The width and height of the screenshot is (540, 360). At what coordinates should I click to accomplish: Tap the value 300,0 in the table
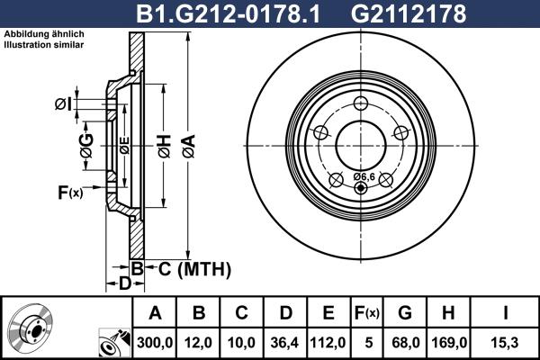pos(154,341)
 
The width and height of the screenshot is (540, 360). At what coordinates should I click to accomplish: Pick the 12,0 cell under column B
pos(200,341)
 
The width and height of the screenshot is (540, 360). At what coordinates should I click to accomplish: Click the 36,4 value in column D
pos(286,341)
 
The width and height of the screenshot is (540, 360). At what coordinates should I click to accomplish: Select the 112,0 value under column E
pos(328,341)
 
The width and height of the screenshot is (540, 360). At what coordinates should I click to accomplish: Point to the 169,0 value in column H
pos(447,341)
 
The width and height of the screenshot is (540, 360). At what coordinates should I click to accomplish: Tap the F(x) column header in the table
pos(366,313)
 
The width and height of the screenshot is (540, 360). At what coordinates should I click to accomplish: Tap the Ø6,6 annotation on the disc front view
pos(364,176)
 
